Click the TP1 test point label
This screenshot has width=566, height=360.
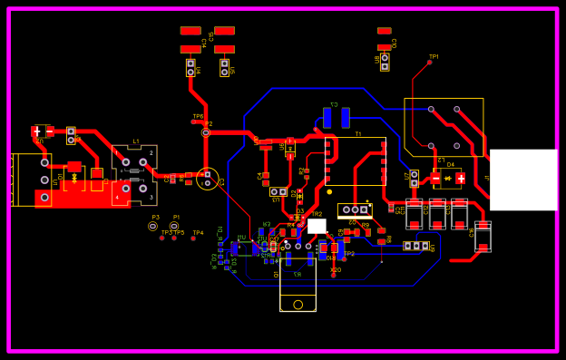pos(434,56)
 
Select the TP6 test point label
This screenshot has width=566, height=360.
pos(198,116)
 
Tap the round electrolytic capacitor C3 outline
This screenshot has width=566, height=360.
pos(208,179)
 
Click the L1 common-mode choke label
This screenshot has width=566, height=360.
pos(136,141)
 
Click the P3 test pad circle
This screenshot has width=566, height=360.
pos(152,227)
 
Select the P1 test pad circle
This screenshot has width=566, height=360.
pos(174,227)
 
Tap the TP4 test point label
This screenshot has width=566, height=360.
pos(198,233)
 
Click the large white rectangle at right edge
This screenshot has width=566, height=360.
pos(523,180)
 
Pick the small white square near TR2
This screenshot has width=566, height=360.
pos(317,226)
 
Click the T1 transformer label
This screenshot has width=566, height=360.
pos(357,133)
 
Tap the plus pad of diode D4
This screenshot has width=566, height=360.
pos(461,179)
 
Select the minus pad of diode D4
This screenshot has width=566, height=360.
pos(436,179)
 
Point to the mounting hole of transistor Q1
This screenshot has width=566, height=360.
pos(298,305)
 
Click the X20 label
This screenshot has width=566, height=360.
pos(336,270)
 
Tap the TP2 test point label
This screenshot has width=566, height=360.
pos(349,254)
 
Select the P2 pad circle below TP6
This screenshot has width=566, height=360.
pos(206,132)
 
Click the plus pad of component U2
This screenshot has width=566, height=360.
pos(37,131)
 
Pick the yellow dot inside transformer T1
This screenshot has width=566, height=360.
pos(329,191)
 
